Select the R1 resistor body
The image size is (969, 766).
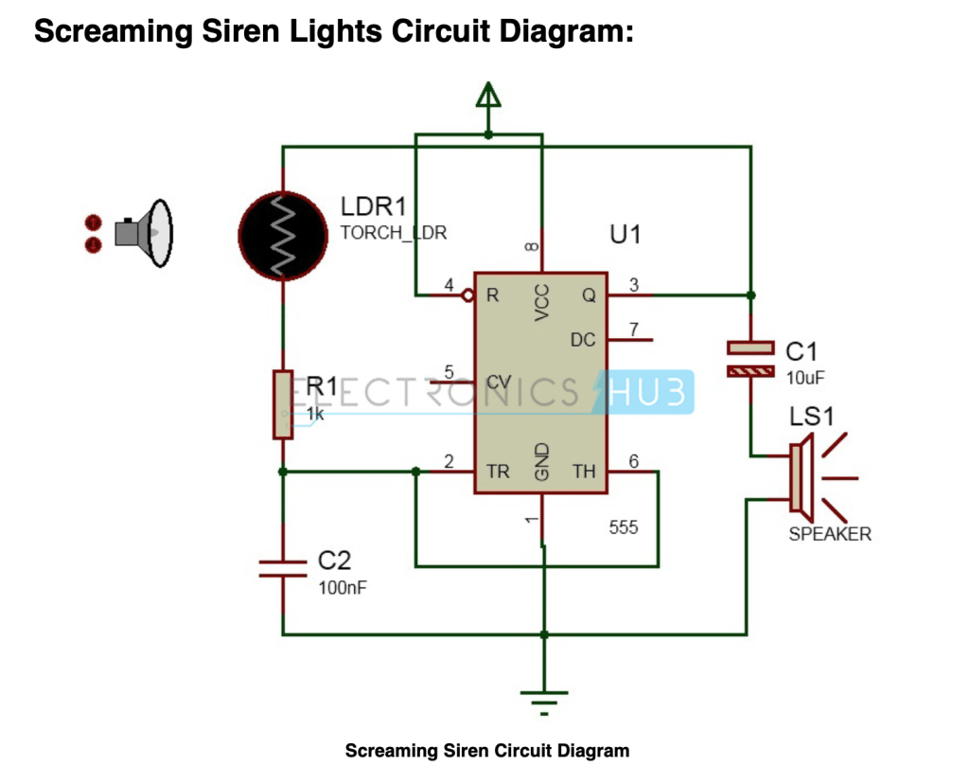coord(283,404)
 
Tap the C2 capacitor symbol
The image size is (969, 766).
coord(283,567)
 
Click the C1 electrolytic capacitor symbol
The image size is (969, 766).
coord(751,358)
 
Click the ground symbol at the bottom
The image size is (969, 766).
coord(543,702)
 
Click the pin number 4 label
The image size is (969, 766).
coord(449,284)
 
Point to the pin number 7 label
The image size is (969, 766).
coord(634,329)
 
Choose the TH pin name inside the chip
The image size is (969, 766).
coord(584,471)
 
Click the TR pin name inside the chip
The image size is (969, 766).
coord(498,471)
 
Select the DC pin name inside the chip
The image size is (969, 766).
coord(583,339)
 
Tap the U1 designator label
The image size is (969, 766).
coord(625,234)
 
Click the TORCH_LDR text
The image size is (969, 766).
coord(394,233)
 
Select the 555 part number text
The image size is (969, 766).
coord(624,527)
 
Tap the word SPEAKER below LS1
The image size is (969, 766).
coord(830,534)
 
